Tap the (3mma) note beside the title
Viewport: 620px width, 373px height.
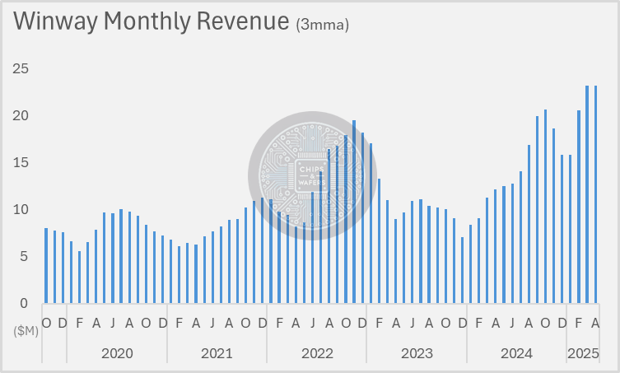point(322,26)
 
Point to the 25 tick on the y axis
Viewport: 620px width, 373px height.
point(21,68)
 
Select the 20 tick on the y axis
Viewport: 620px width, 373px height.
point(21,115)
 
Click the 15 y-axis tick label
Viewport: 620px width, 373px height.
point(21,162)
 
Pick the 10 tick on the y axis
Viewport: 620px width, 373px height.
point(21,209)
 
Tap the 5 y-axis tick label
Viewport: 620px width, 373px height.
point(24,256)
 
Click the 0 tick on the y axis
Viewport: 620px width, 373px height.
point(24,303)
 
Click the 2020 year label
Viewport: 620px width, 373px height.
point(117,353)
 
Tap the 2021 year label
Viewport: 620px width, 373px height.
point(217,353)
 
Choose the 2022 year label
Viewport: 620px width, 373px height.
point(317,353)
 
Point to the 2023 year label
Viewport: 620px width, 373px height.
point(417,353)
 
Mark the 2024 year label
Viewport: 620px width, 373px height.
point(516,353)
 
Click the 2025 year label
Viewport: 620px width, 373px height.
point(583,353)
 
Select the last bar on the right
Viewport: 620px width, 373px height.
point(595,194)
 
